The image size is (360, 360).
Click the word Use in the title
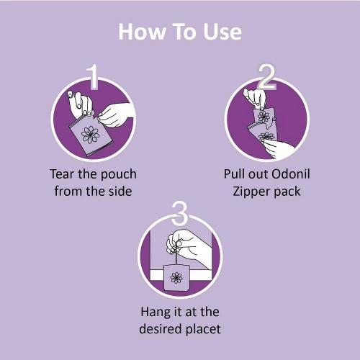coord(222,32)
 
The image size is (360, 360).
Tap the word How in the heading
coord(142,32)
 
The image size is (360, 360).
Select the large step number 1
coord(93,76)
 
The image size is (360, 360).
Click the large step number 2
coord(266,76)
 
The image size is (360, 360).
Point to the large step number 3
coord(179,213)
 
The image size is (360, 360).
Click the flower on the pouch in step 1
coord(90,135)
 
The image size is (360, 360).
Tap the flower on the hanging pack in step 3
coord(176,278)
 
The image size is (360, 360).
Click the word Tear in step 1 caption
coord(63,174)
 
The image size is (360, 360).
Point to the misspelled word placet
coord(203,329)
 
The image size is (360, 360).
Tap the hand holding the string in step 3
coord(187,246)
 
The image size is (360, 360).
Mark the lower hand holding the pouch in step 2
coord(279,149)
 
